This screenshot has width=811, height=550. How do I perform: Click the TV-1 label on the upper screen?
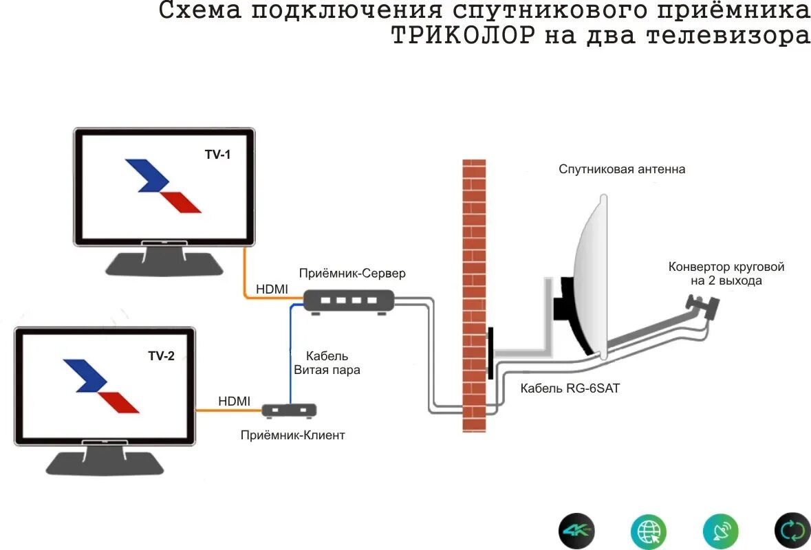217,155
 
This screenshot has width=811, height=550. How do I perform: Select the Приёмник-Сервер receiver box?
349,300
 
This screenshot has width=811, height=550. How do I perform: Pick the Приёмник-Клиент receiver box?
290,410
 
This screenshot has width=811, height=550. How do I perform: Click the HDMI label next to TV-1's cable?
272,289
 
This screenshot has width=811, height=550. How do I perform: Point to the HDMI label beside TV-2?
234,401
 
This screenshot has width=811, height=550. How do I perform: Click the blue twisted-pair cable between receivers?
290,357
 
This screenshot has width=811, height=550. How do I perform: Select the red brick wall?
473,296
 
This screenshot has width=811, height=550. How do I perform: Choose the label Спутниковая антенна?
621,169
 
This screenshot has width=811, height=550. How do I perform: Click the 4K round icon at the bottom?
576,531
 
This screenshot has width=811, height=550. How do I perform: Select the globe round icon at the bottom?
649,531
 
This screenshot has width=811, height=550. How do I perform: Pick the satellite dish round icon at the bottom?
721,531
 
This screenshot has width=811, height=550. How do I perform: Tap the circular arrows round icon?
792,531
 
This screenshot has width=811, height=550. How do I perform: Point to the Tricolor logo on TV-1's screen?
163,185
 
